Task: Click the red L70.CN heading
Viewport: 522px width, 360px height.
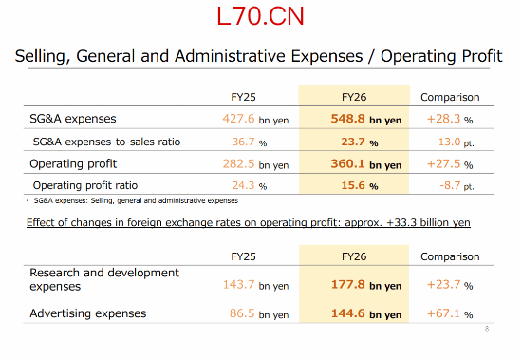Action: coord(260,16)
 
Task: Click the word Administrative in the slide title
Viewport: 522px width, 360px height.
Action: coord(230,56)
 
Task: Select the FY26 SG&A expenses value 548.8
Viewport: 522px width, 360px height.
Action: coord(347,119)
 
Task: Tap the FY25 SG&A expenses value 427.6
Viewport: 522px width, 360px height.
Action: coord(238,119)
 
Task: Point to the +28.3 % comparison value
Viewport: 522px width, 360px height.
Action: coord(450,119)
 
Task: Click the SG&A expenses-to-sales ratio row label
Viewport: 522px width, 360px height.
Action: coord(106,142)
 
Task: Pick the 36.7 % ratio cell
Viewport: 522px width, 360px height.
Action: coord(250,142)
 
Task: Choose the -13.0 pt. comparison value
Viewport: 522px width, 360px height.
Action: coord(454,142)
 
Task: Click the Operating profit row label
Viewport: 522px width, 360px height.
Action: coord(73,164)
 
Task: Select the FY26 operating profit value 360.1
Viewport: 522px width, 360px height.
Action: coord(347,164)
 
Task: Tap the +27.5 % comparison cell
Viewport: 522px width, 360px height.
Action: coord(450,164)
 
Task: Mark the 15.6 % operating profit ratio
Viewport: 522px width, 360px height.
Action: coord(360,185)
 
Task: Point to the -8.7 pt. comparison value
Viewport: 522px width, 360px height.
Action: coord(457,185)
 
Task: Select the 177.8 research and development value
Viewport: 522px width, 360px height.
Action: coord(348,285)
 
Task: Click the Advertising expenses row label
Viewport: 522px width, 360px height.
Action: coord(88,313)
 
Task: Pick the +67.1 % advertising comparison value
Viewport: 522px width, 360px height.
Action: coord(450,313)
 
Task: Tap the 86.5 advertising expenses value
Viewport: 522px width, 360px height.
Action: coord(242,313)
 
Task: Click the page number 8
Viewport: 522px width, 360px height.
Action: coord(487,329)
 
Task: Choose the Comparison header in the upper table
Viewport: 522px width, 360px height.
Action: coord(450,97)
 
